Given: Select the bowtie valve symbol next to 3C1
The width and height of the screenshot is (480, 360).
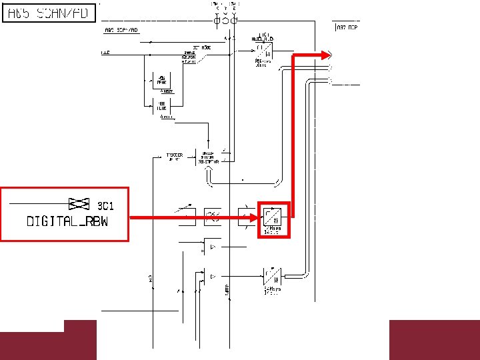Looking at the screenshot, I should pos(80,203).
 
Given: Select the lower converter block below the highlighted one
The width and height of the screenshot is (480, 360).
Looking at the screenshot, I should pos(272,275).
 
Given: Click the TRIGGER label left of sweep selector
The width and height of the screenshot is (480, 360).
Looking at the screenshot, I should pos(174,157).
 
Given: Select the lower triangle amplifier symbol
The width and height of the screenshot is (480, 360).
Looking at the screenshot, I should pos(212,275).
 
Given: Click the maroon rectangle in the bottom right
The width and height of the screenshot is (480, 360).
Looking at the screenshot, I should pos(433,340).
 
